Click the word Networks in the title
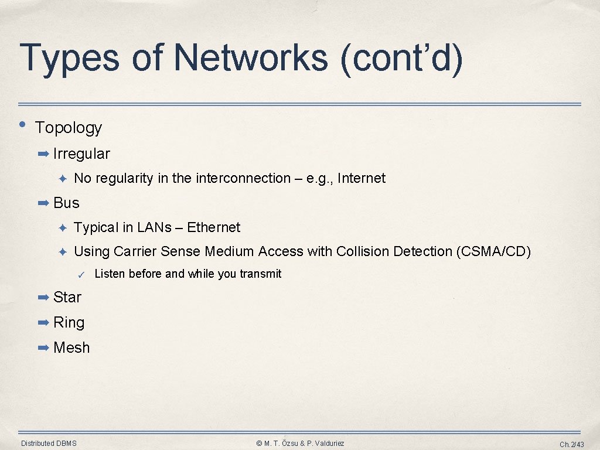pyautogui.click(x=250, y=57)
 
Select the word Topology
pyautogui.click(x=69, y=128)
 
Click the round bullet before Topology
pyautogui.click(x=22, y=124)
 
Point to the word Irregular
pyautogui.click(x=81, y=154)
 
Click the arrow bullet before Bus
pyautogui.click(x=43, y=203)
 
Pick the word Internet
pyautogui.click(x=362, y=178)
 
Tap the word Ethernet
pyautogui.click(x=213, y=227)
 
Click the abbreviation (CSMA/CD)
pyautogui.click(x=493, y=251)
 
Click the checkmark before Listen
pyautogui.click(x=82, y=275)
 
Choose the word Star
pyautogui.click(x=67, y=297)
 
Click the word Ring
pyautogui.click(x=69, y=322)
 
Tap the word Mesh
pyautogui.click(x=71, y=347)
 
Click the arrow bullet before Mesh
pyautogui.click(x=43, y=348)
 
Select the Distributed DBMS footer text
pyautogui.click(x=49, y=444)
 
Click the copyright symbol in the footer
pyautogui.click(x=260, y=444)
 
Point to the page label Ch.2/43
pyautogui.click(x=571, y=444)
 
